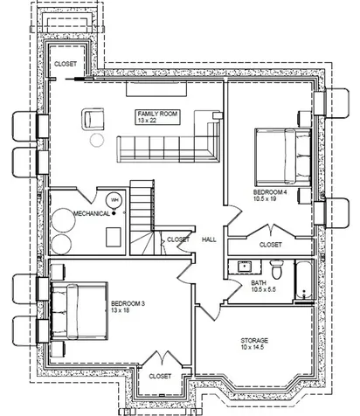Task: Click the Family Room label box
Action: pos(157,117)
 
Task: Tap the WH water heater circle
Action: pos(114,200)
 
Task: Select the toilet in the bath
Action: pos(277,269)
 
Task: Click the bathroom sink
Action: pos(245,267)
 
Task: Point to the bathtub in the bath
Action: pos(304,280)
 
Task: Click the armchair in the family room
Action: pos(93,119)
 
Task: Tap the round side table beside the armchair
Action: pos(97,140)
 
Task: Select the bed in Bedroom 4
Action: pos(283,157)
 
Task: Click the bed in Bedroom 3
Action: pos(79,311)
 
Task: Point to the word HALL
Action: pos(209,239)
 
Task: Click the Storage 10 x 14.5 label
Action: pos(254,343)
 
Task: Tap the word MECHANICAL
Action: pos(92,213)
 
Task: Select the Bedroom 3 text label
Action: pos(128,307)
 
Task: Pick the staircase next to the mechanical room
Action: pos(142,218)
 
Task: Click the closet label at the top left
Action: pos(66,64)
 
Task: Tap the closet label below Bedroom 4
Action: pos(271,245)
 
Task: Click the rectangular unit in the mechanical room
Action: pos(114,237)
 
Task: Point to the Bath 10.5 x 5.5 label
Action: pos(263,286)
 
